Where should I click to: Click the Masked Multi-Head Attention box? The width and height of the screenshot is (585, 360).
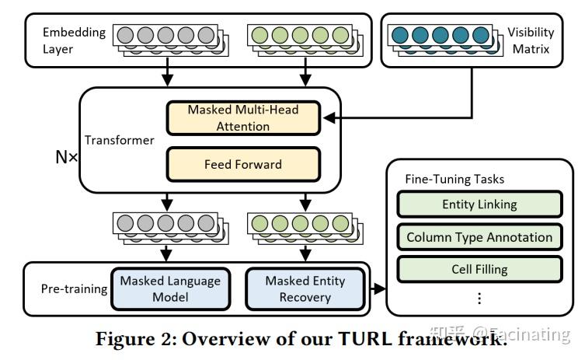(x=243, y=117)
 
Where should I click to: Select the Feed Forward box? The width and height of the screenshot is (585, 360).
(x=243, y=164)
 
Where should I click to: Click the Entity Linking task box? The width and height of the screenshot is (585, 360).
(x=479, y=205)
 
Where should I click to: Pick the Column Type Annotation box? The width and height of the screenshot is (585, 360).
(x=479, y=237)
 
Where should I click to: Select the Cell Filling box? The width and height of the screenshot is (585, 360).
(x=479, y=269)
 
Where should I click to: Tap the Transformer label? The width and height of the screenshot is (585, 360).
(x=119, y=141)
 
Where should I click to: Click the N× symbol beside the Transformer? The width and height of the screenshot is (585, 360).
(x=67, y=156)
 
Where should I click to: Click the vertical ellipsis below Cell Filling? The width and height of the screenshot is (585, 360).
(x=479, y=298)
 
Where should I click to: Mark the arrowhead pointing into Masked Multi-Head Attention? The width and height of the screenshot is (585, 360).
(x=329, y=118)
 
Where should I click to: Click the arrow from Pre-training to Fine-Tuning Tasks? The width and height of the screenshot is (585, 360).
(x=379, y=289)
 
